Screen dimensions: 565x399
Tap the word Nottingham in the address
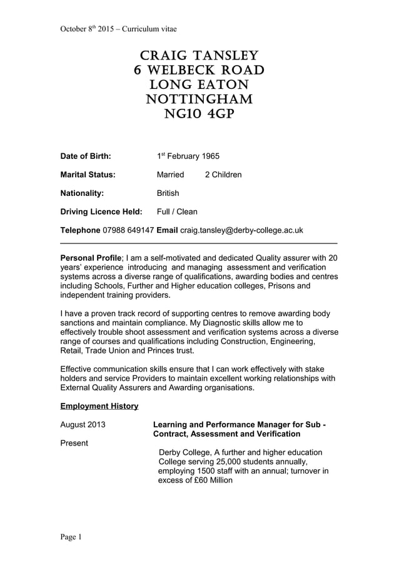tap(199, 99)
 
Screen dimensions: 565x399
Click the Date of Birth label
tap(85, 156)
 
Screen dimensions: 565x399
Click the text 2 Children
tap(223, 175)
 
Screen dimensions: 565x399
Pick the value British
tap(168, 193)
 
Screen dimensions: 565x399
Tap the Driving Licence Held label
tap(101, 211)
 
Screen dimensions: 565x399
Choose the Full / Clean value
tap(177, 211)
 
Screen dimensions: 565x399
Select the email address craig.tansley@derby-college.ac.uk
tap(241, 230)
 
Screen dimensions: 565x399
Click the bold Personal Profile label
tap(90, 258)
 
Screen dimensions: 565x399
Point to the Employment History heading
tap(99, 406)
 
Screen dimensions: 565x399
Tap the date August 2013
tap(83, 425)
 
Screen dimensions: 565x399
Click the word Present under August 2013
tap(74, 443)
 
